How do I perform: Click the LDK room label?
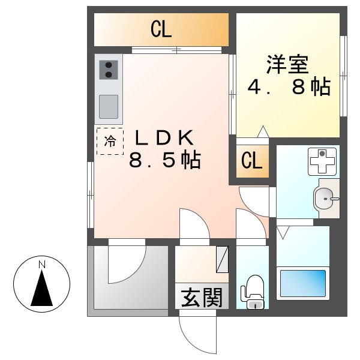point(163,137)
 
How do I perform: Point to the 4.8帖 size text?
point(289,88)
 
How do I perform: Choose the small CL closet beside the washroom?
point(252,161)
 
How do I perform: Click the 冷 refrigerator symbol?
point(110,142)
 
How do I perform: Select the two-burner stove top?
point(109,70)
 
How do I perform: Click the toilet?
point(252,291)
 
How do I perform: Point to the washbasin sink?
point(325,197)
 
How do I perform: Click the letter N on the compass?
point(41,265)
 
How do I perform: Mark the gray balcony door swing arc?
point(127,264)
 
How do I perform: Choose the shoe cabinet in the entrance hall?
point(222,259)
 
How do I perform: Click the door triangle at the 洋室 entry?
point(262,131)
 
